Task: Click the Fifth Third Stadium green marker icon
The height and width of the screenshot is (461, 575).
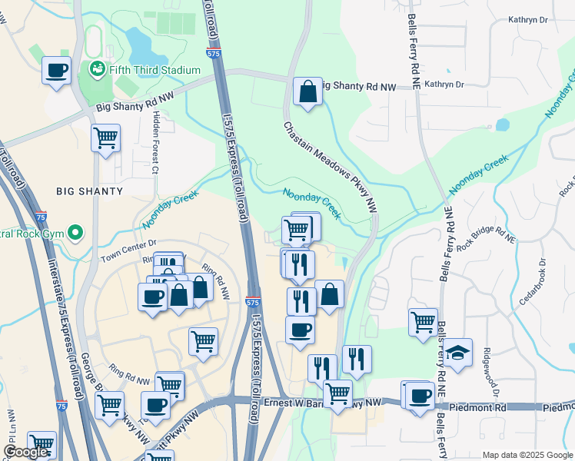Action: [98, 69]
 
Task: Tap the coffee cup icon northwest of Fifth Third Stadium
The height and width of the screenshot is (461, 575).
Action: [57, 72]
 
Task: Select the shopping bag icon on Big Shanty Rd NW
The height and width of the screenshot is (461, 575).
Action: [307, 92]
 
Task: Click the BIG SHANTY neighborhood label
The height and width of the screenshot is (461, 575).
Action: [89, 191]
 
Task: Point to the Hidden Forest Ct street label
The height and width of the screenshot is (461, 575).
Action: [155, 141]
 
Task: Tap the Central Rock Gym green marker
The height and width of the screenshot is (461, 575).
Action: [75, 230]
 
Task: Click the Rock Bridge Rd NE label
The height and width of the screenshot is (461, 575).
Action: [482, 239]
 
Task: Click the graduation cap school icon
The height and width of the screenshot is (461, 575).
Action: [457, 353]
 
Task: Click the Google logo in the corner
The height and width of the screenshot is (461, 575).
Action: [26, 452]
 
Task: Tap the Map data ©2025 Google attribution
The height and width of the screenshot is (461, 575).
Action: [527, 455]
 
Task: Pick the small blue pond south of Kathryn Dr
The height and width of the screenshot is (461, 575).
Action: [502, 124]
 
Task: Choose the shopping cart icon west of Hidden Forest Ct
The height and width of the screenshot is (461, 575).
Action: [105, 139]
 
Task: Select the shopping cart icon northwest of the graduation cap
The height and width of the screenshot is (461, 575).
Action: [423, 322]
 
